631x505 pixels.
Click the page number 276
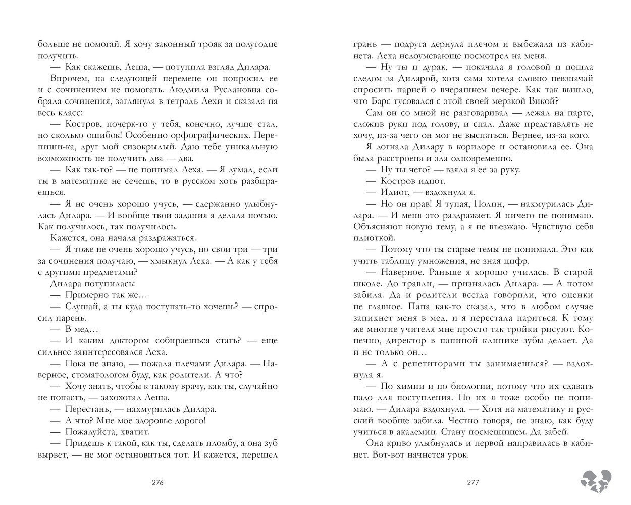click(x=157, y=482)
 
